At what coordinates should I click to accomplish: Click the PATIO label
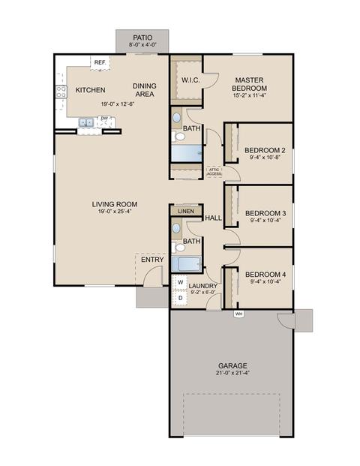click(x=142, y=38)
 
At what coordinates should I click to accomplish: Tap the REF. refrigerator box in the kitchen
click(x=100, y=63)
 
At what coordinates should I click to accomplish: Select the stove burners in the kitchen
click(x=61, y=92)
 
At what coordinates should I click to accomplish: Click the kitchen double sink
click(x=86, y=122)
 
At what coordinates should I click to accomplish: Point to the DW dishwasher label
click(x=104, y=119)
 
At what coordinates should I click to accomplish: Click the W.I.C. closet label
click(x=190, y=80)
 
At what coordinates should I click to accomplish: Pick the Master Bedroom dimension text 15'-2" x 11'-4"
click(x=249, y=95)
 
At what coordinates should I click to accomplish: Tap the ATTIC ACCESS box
click(x=214, y=172)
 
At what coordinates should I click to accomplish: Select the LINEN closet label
click(x=186, y=212)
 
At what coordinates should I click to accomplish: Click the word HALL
click(x=213, y=218)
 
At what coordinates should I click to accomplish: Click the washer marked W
click(x=180, y=282)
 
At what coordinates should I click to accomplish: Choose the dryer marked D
click(x=180, y=297)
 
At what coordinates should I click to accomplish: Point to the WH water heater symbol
click(x=238, y=314)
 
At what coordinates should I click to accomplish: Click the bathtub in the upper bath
click(x=187, y=153)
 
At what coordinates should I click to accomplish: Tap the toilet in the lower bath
click(x=178, y=248)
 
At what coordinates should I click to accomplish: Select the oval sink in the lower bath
click(x=176, y=228)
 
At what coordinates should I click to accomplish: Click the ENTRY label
click(x=152, y=260)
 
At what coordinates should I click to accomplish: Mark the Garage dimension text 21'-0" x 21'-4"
click(x=232, y=373)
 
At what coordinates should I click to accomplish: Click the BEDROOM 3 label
click(x=265, y=213)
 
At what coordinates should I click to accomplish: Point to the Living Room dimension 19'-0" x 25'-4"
click(x=115, y=212)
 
